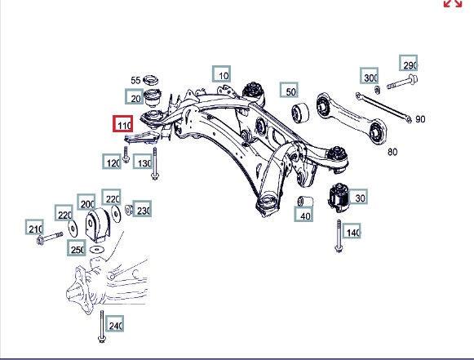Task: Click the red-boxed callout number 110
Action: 122,124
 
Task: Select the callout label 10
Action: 222,73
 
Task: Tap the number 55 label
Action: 135,80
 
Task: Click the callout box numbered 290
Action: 409,63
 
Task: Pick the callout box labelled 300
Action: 369,76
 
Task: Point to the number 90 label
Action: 420,119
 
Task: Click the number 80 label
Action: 392,152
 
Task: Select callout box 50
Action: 289,90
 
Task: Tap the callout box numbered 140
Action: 352,231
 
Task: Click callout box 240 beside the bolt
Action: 114,324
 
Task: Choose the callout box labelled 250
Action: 77,248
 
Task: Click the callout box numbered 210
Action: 34,227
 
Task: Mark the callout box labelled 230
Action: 142,208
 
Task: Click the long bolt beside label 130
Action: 155,163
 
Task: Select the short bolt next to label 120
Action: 126,154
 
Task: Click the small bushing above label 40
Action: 305,201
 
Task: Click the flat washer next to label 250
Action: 97,250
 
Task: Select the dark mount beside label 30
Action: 339,198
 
